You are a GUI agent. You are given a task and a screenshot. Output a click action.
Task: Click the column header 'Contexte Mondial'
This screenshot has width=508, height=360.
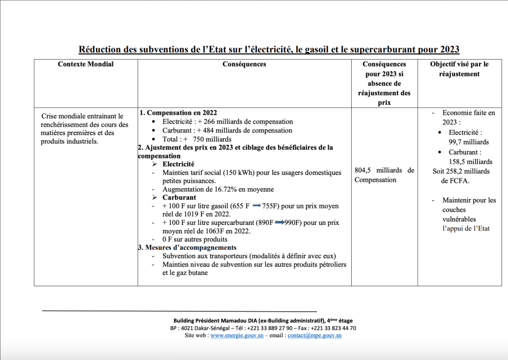click(x=85, y=64)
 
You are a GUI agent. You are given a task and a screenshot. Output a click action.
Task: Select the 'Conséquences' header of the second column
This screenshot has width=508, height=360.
click(x=244, y=64)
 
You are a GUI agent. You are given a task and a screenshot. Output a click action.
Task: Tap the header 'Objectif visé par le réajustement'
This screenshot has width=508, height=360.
click(x=459, y=69)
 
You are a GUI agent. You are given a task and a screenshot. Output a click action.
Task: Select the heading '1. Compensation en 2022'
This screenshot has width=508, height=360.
click(x=178, y=113)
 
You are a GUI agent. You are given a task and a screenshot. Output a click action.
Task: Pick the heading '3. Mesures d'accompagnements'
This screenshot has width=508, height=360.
click(x=187, y=247)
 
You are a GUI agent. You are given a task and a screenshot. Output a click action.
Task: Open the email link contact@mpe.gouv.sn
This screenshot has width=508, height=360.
click(x=315, y=336)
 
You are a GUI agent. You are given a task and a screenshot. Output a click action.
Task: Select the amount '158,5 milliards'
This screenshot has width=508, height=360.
click(x=469, y=162)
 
